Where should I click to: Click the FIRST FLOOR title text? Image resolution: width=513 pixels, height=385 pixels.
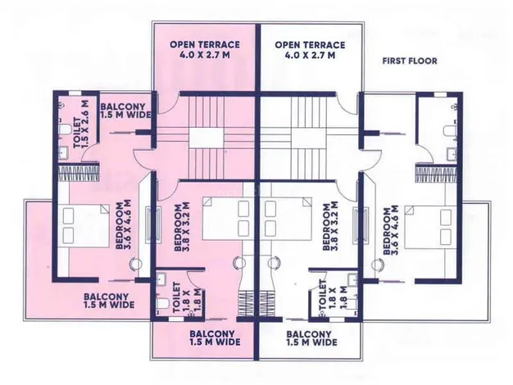click(x=410, y=61)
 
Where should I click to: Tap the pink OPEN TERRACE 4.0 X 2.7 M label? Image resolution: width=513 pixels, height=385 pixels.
click(x=205, y=49)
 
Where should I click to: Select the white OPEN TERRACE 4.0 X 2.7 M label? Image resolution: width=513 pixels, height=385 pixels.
click(x=310, y=50)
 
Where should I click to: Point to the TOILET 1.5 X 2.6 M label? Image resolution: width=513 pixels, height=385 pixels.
click(x=81, y=124)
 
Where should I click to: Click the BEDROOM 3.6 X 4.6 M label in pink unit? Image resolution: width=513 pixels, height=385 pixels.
click(x=124, y=225)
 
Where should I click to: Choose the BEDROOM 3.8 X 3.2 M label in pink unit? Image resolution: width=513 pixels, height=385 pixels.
click(x=182, y=228)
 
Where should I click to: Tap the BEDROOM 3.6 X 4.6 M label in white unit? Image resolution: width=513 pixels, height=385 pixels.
click(x=391, y=229)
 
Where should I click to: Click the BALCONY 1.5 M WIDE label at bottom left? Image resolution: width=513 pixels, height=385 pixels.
click(x=109, y=301)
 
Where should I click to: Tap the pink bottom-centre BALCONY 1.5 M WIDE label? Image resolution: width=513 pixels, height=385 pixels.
click(x=215, y=337)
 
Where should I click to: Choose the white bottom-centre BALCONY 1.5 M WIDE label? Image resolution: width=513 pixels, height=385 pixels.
click(x=311, y=338)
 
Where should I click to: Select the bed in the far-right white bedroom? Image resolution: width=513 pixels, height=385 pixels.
click(x=430, y=227)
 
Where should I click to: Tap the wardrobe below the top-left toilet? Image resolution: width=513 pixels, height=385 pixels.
click(x=78, y=173)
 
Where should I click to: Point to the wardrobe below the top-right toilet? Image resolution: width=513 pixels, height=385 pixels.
click(x=436, y=174)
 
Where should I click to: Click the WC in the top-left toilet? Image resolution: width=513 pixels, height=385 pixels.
click(x=65, y=129)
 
